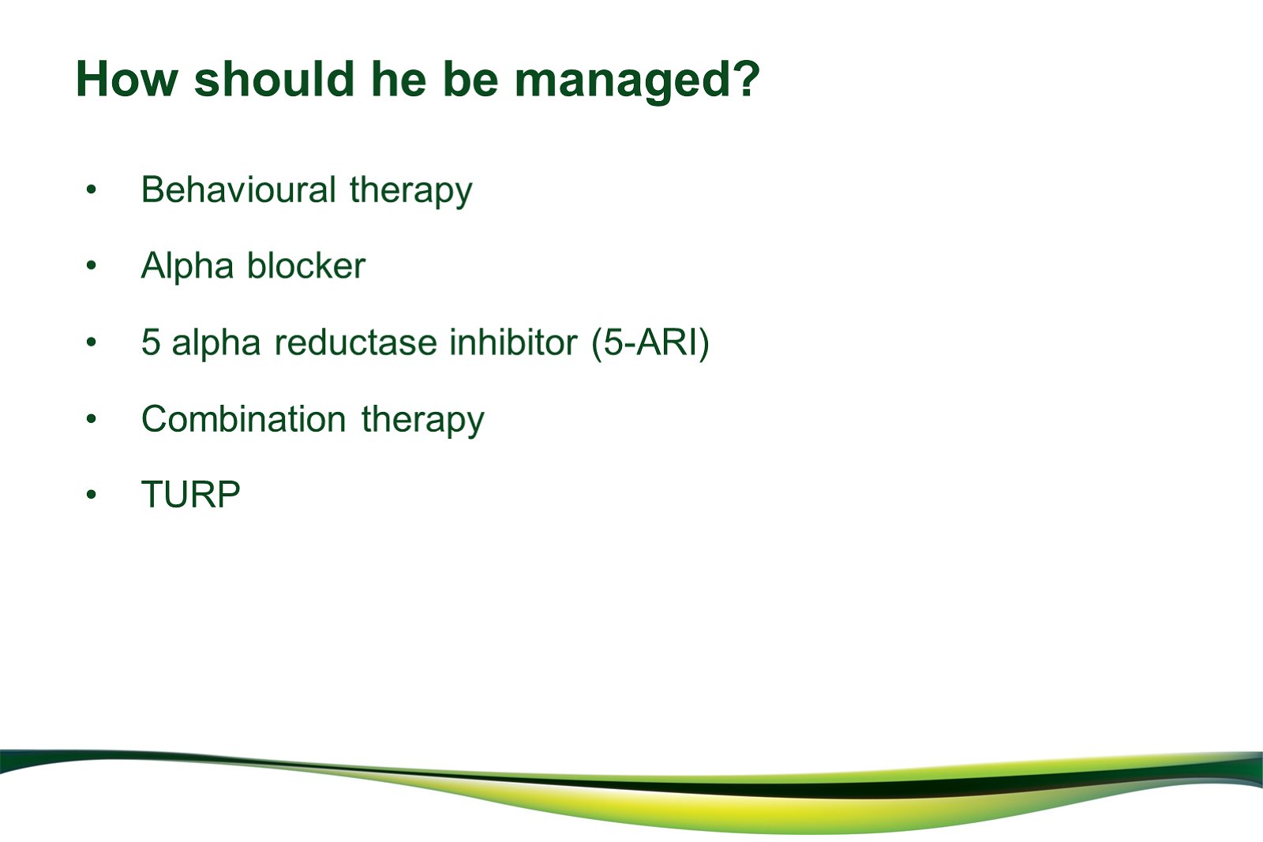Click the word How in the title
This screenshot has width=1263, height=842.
tap(127, 79)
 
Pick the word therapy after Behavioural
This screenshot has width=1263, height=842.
tap(411, 192)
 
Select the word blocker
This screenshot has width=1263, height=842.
tap(306, 265)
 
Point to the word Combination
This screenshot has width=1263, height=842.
tap(244, 419)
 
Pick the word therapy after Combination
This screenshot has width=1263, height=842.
tap(423, 421)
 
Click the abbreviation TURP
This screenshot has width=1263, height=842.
tap(190, 494)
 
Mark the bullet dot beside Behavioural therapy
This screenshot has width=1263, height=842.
tap(92, 189)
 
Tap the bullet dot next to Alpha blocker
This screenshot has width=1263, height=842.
tap(92, 265)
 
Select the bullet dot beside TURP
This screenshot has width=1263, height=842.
tap(92, 495)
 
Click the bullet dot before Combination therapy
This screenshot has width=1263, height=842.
tap(92, 419)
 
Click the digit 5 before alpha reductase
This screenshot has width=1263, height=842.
tap(151, 342)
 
